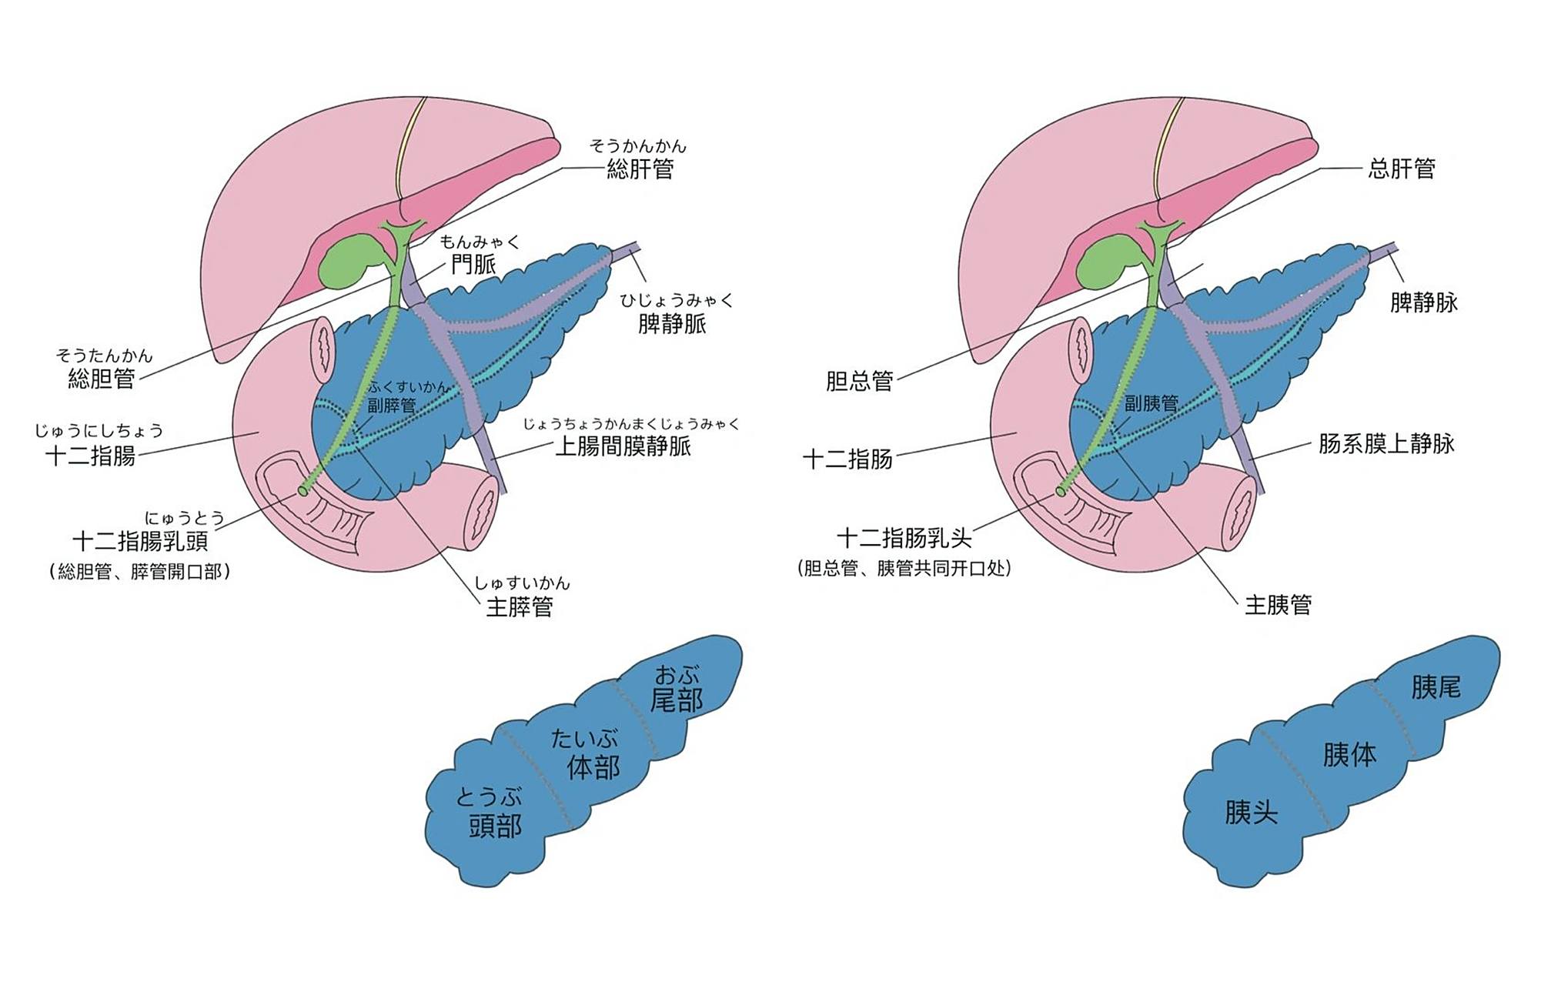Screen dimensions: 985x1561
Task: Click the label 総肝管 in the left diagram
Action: tap(640, 169)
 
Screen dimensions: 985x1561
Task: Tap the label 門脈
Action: tap(473, 264)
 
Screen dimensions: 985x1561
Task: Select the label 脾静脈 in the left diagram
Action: tap(672, 323)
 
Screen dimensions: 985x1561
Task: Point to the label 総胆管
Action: tap(102, 379)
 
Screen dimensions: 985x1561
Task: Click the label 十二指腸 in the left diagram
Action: tap(90, 456)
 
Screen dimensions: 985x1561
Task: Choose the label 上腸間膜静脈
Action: tap(623, 446)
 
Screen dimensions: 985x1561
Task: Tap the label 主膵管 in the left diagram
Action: tap(520, 606)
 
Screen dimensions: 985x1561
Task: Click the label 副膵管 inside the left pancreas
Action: tap(391, 405)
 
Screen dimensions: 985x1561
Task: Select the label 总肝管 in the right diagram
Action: tap(1401, 169)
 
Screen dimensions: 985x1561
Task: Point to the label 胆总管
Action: tap(859, 381)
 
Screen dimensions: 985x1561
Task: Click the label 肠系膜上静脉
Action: tap(1386, 443)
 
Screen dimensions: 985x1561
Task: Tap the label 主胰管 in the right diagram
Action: tap(1279, 605)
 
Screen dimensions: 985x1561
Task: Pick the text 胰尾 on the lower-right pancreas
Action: tap(1436, 686)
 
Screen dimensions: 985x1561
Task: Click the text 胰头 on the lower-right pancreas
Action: tap(1251, 812)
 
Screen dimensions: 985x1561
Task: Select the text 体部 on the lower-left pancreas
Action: tap(593, 766)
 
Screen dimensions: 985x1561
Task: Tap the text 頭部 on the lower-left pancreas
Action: tap(495, 826)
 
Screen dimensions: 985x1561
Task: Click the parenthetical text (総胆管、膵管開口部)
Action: tap(140, 572)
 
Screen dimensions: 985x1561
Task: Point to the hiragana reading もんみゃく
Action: tap(480, 242)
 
